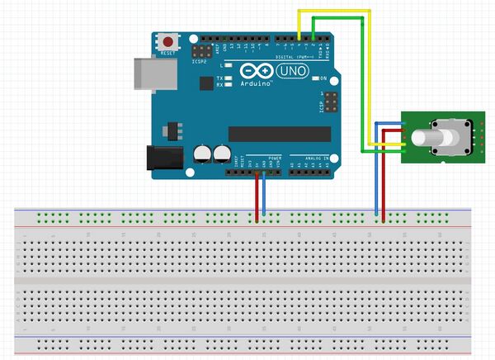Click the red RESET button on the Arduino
tap(170, 40)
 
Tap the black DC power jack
tap(158, 160)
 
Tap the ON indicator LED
tap(313, 78)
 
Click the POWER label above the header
tap(276, 157)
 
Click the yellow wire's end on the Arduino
tap(299, 39)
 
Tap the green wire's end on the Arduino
tap(313, 39)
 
